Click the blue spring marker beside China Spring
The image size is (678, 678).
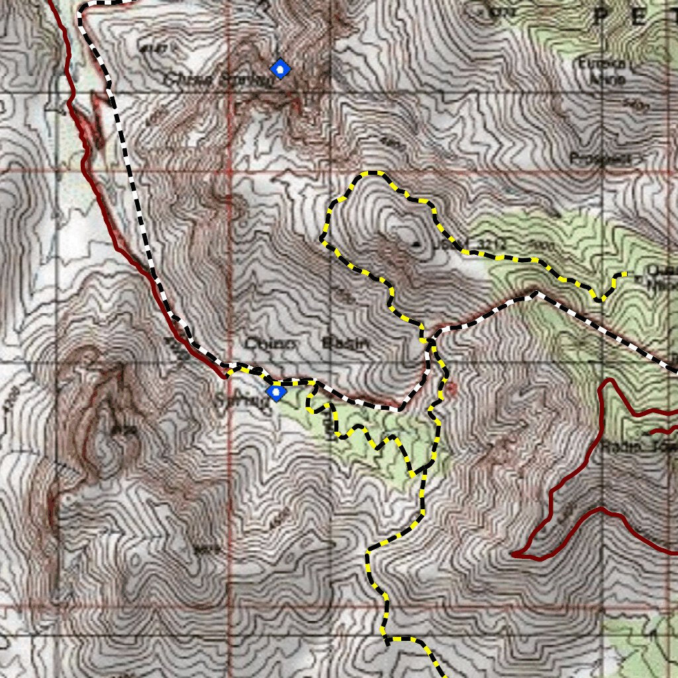tap(281, 68)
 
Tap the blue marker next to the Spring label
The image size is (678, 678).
tap(275, 393)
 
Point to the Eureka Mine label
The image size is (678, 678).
tap(601, 70)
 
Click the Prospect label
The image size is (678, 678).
tap(599, 159)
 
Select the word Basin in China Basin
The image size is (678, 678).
tap(344, 343)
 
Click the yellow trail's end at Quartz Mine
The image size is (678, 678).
tap(625, 273)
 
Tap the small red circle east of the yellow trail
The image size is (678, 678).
tap(451, 388)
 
